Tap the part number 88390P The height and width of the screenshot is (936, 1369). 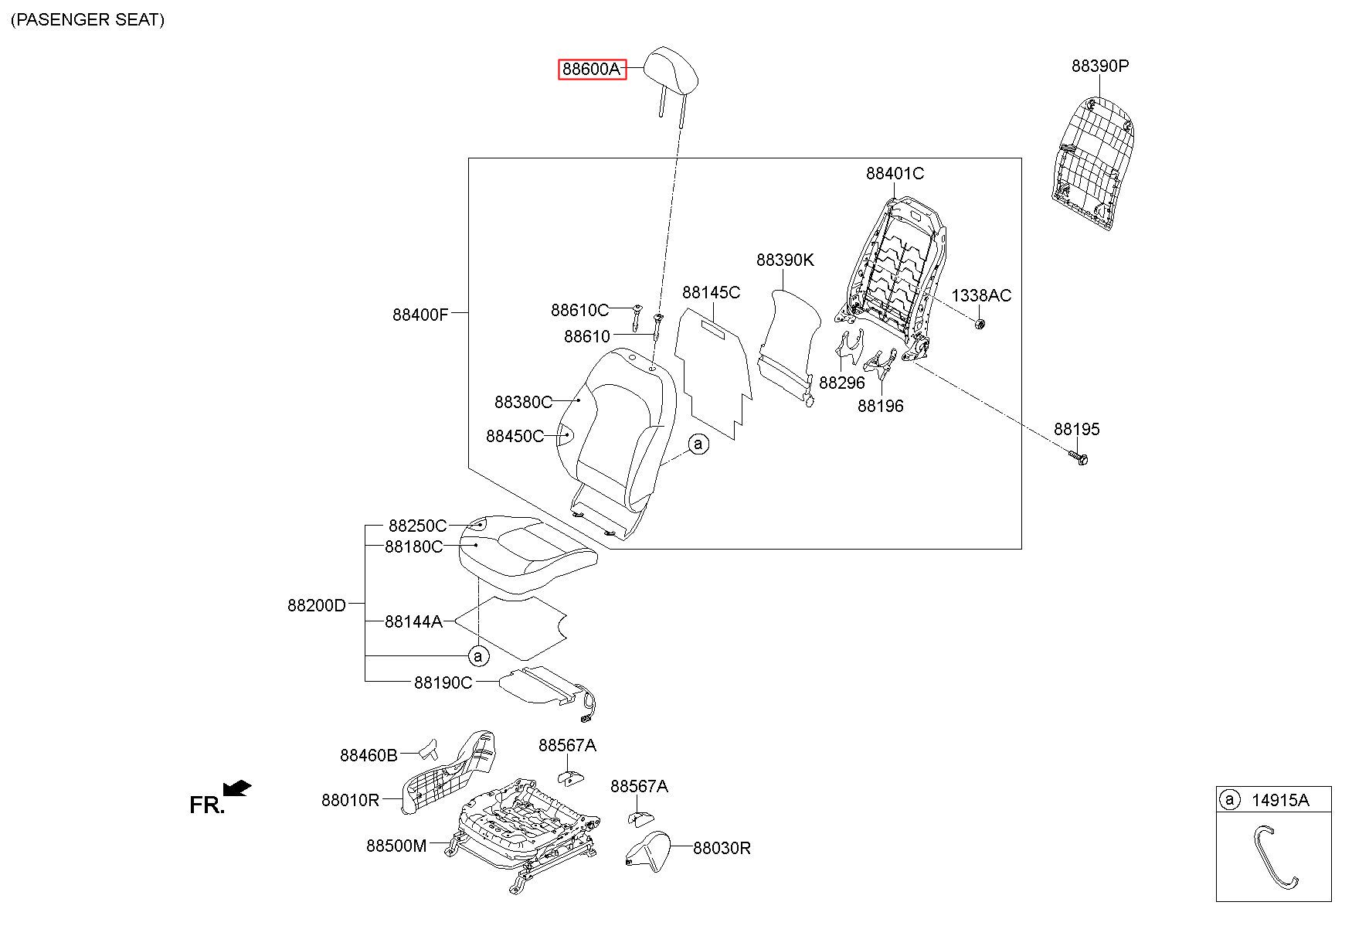1100,66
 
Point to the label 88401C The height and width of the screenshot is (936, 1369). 895,174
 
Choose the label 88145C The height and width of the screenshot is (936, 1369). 711,292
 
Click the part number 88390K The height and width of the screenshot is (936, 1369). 785,260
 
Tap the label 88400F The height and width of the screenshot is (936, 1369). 420,315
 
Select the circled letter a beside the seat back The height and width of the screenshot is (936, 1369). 698,444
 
